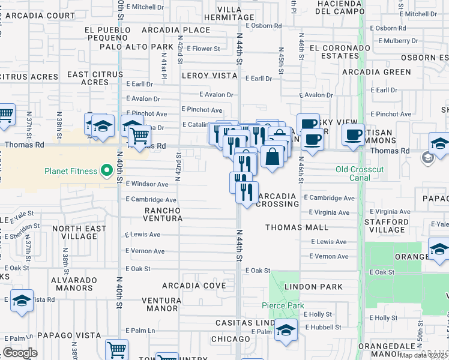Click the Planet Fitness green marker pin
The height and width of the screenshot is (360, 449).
click(107, 171)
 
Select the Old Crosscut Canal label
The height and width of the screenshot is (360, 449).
click(360, 170)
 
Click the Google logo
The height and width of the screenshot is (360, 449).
click(20, 353)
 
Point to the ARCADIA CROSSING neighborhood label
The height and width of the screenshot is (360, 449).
click(277, 200)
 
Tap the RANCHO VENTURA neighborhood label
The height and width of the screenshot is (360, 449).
click(163, 214)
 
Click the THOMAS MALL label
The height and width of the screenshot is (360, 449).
click(297, 227)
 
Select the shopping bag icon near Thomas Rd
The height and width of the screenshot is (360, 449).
click(273, 157)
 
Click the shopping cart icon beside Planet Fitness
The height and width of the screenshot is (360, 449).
click(140, 136)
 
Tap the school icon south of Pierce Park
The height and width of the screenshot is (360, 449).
click(286, 331)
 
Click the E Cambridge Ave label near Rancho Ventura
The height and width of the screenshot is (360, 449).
click(151, 200)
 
